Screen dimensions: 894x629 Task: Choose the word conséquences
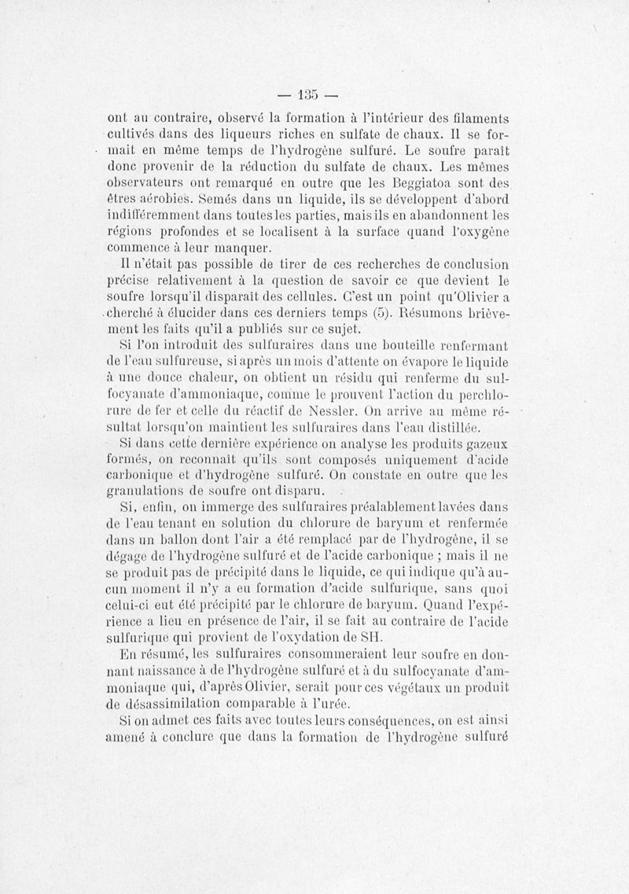[335, 720]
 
